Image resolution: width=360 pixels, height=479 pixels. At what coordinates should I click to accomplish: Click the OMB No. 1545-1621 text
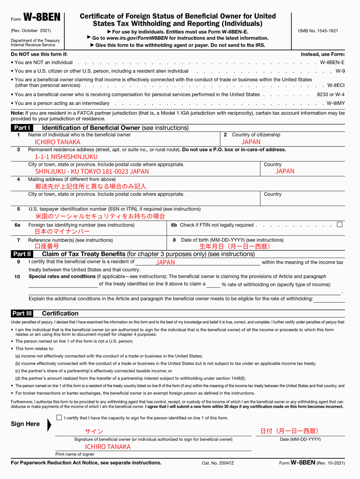[x=318, y=31]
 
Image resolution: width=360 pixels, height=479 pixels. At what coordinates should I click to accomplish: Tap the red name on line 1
[x=58, y=142]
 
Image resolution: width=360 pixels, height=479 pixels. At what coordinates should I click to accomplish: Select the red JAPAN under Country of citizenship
[x=251, y=142]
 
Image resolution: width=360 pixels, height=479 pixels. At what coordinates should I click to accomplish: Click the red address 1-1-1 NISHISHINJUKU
[x=66, y=157]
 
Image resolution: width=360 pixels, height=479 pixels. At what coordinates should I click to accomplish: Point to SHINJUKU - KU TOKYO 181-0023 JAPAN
[x=92, y=171]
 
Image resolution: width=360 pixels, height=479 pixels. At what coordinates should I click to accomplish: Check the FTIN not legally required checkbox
[x=340, y=224]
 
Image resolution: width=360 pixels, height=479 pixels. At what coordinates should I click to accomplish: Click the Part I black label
[x=23, y=128]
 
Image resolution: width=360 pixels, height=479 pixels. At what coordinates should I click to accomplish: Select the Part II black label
[x=23, y=254]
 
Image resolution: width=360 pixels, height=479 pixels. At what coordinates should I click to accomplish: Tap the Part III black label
[x=23, y=313]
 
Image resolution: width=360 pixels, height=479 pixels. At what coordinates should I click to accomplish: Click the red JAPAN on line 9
[x=166, y=262]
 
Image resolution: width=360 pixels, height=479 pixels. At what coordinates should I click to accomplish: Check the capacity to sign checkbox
[x=59, y=418]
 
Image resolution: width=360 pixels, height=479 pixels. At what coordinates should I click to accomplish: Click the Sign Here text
[x=25, y=424]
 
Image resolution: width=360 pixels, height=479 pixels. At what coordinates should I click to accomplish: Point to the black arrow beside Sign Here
[x=49, y=425]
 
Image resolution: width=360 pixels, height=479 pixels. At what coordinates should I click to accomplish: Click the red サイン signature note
[x=94, y=431]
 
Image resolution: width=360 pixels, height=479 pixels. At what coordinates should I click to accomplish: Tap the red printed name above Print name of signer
[x=108, y=447]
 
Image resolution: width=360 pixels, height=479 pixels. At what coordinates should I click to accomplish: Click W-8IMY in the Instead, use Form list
[x=336, y=103]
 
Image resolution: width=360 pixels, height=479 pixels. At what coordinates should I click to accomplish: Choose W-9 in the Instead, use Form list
[x=340, y=71]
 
